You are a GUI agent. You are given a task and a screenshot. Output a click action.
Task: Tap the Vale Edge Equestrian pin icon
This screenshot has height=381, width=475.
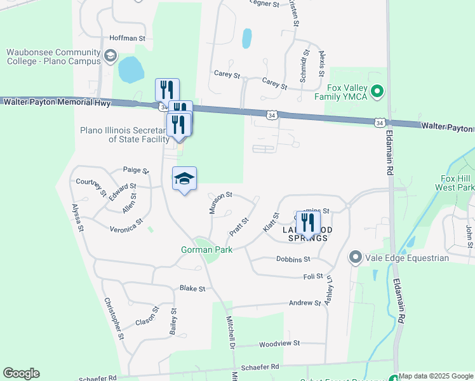pyautogui.click(x=355, y=258)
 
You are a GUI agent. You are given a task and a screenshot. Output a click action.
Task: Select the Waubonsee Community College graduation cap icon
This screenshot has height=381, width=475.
pyautogui.click(x=110, y=57)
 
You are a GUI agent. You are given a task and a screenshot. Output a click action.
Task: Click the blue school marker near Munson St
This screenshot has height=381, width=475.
pyautogui.click(x=184, y=179)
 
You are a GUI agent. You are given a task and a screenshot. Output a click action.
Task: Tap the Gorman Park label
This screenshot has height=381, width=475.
pyautogui.click(x=206, y=250)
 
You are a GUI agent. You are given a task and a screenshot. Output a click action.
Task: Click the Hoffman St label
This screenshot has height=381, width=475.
pyautogui.click(x=128, y=38)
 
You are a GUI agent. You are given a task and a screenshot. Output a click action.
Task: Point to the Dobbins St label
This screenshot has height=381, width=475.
pyautogui.click(x=293, y=259)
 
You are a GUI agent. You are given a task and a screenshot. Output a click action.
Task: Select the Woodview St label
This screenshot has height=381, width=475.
pyautogui.click(x=279, y=344)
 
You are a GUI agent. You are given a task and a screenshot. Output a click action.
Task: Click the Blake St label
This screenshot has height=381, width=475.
pyautogui.click(x=192, y=288)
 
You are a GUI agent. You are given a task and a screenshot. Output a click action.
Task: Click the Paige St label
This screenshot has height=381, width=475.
pyautogui.click(x=136, y=171)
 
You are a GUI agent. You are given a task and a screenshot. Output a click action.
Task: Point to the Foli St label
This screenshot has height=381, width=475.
pyautogui.click(x=314, y=276)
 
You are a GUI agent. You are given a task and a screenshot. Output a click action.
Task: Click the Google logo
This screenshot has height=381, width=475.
pyautogui.click(x=21, y=373)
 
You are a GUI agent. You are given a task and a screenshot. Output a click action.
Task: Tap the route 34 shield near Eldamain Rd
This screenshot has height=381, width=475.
pyautogui.click(x=380, y=122)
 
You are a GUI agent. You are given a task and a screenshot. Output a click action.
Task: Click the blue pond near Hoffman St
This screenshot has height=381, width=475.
pyautogui.click(x=130, y=69)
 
